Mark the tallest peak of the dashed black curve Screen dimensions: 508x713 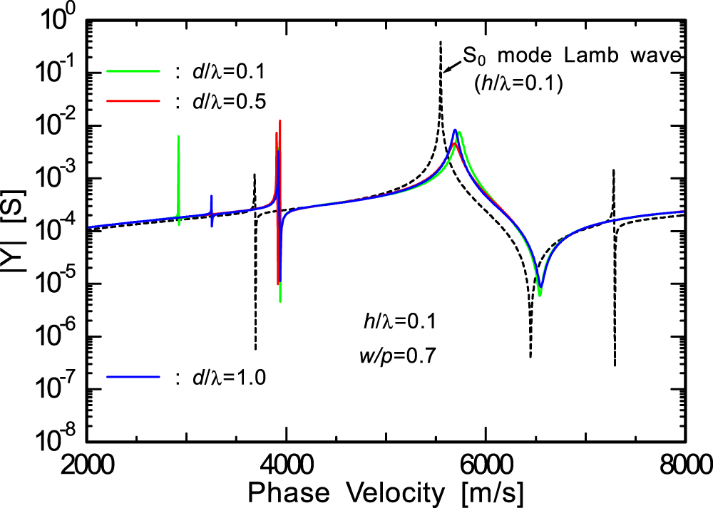click(441, 43)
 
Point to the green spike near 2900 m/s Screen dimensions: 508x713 click(178, 137)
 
